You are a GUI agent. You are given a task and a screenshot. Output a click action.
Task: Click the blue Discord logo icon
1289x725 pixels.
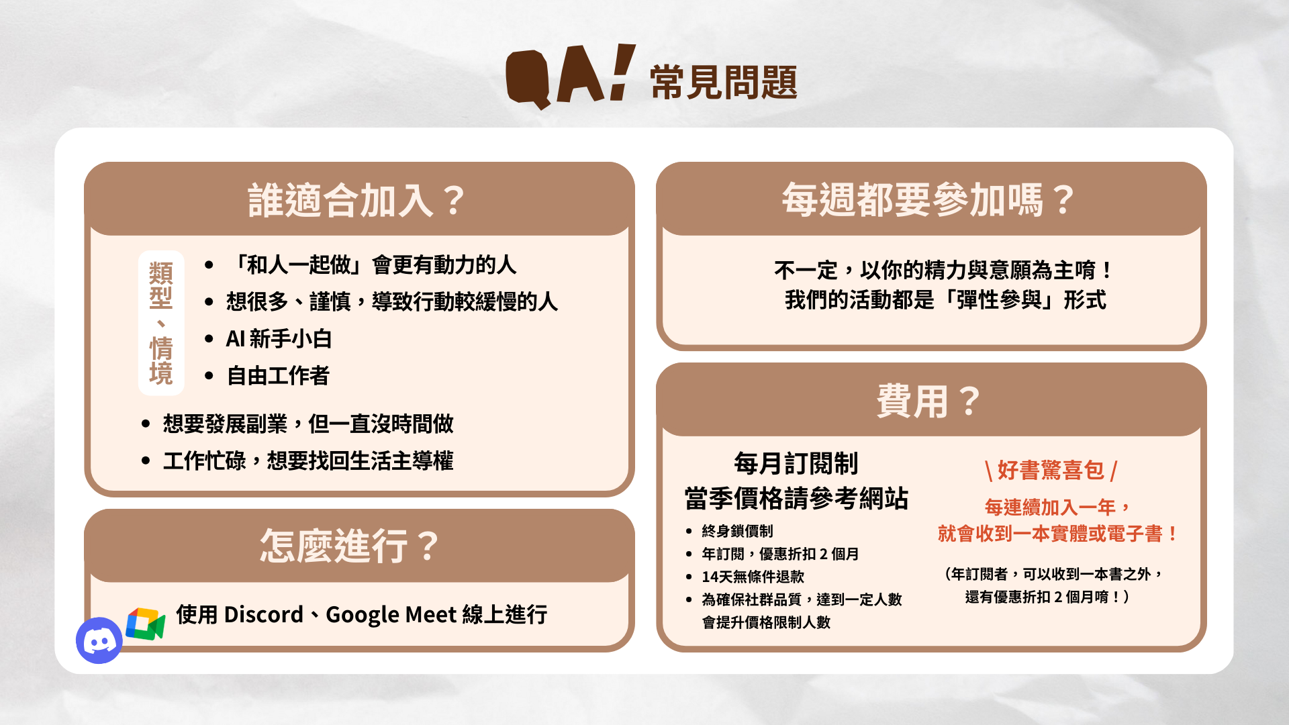[99, 640]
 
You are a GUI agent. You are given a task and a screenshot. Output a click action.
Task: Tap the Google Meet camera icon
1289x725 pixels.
[146, 624]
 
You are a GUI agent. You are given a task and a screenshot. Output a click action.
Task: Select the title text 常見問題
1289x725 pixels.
[724, 83]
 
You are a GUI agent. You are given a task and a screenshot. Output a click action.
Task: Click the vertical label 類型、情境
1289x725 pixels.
[161, 323]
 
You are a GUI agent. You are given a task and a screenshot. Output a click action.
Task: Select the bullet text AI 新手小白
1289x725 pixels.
[279, 338]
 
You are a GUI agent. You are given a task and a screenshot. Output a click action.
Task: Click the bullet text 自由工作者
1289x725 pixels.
[278, 375]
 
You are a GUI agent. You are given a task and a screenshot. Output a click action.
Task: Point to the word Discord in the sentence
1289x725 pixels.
[263, 614]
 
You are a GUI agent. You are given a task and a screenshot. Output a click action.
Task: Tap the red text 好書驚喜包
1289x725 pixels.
[1051, 470]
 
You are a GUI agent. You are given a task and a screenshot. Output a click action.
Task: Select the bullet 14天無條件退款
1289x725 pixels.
[753, 577]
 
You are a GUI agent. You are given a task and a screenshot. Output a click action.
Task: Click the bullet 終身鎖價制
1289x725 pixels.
[737, 531]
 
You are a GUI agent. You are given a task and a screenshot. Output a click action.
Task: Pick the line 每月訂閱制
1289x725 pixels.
[796, 463]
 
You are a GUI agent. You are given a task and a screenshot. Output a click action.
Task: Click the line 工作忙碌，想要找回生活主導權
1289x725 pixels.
[308, 461]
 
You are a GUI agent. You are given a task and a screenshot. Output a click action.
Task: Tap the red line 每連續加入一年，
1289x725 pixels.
[1057, 507]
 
